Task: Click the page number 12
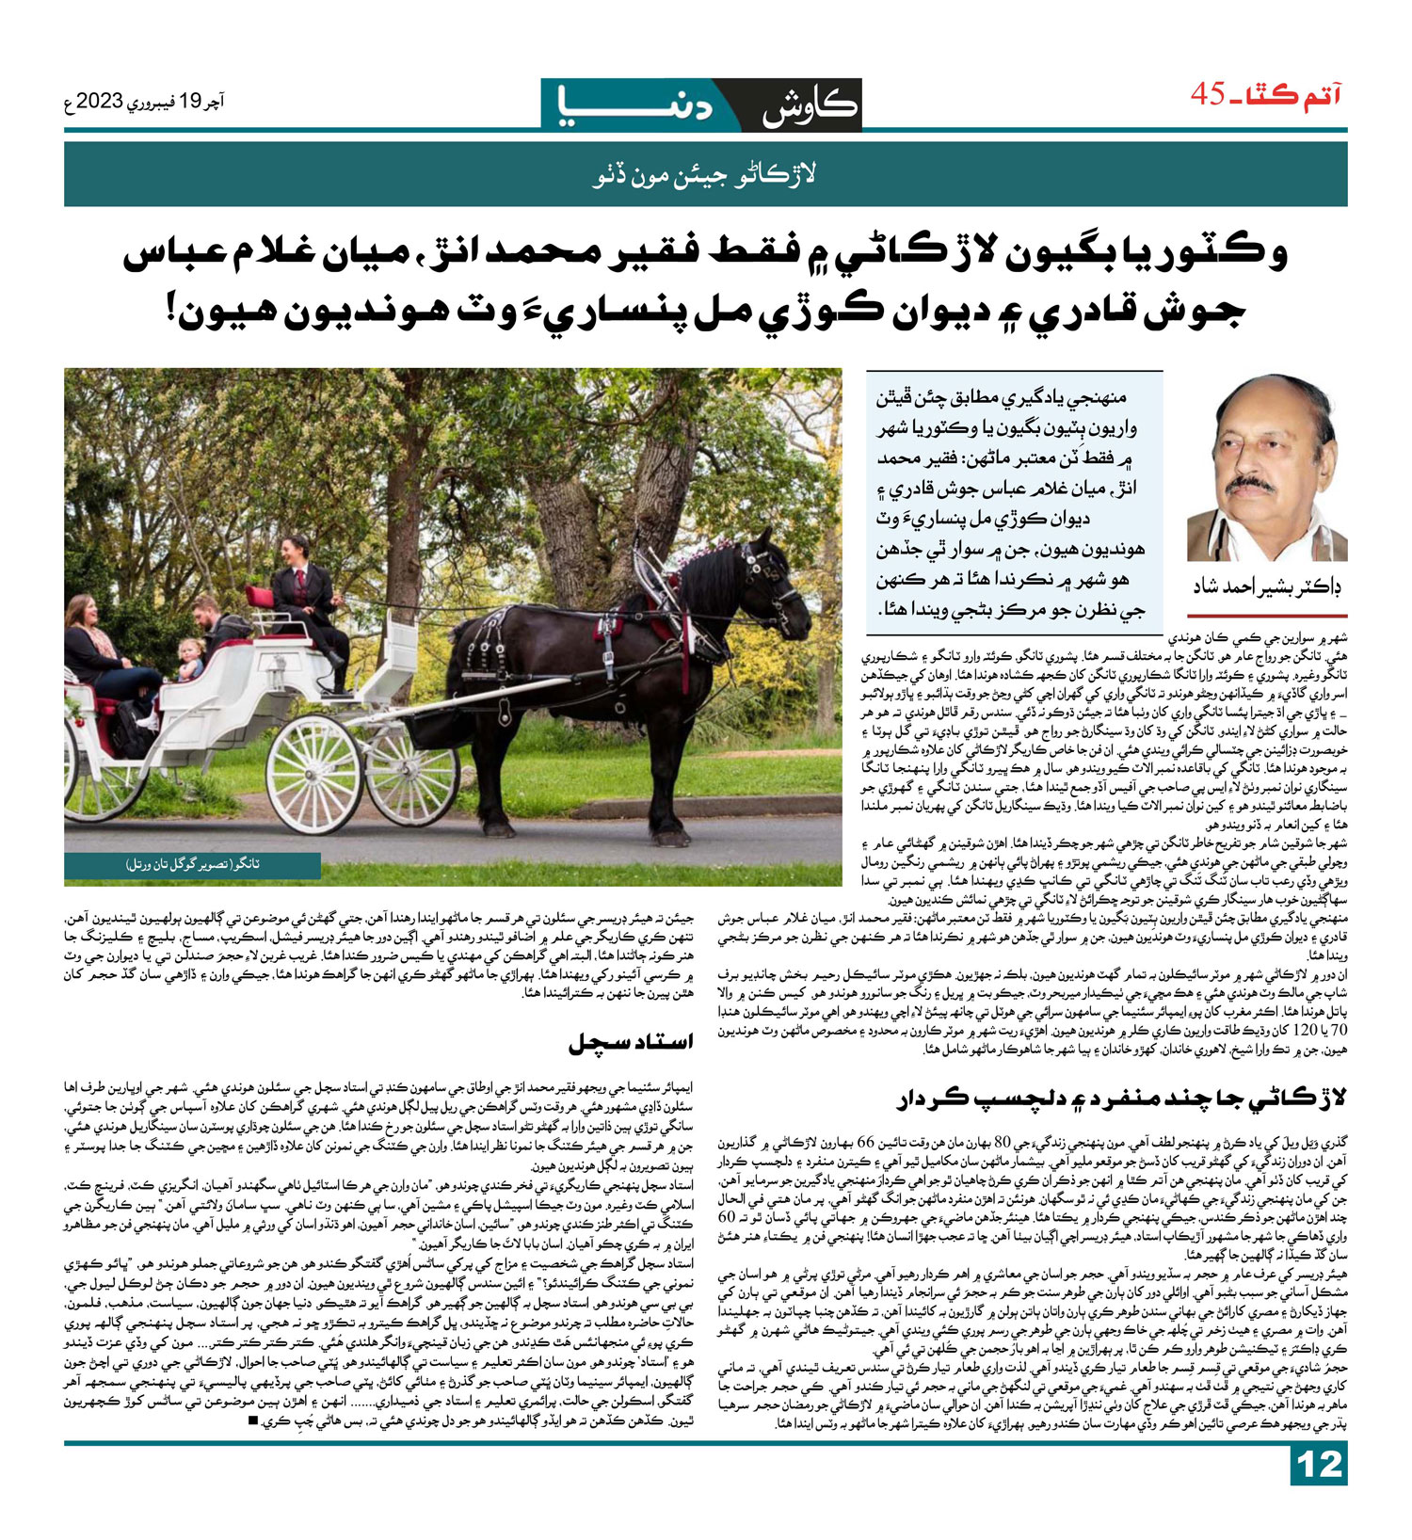(1318, 1491)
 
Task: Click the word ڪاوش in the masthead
(810, 105)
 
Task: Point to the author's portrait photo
(1266, 468)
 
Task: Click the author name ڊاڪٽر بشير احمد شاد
(1266, 586)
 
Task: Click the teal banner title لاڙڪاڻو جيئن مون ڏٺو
(705, 174)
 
